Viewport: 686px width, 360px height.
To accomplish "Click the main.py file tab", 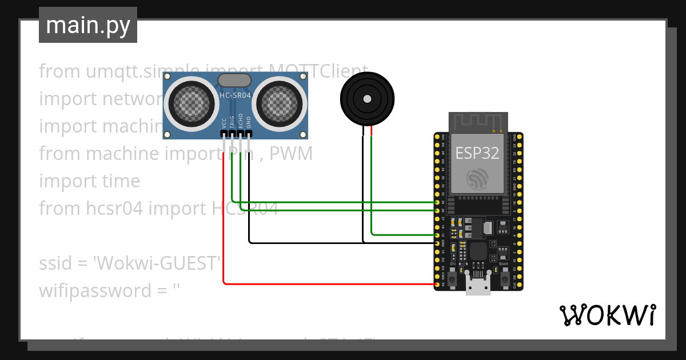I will pos(87,25).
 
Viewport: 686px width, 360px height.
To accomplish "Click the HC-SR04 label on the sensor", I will pos(235,95).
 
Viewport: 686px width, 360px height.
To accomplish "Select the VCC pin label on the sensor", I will pos(224,122).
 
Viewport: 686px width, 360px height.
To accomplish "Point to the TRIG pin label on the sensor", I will pos(232,121).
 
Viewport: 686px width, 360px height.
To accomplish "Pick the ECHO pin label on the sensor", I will pos(241,121).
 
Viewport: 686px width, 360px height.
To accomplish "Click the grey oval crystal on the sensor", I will pos(235,80).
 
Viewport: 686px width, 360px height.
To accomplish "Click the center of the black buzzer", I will pos(367,98).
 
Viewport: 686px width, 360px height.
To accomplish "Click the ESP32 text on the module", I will pos(477,153).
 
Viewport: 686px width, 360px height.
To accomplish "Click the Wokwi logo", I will pos(607,315).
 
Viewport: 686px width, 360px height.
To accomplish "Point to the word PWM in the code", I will pos(293,154).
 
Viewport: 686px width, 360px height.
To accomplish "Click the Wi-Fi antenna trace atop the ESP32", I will pos(477,122).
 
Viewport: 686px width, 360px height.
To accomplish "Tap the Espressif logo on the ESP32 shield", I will pos(477,179).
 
